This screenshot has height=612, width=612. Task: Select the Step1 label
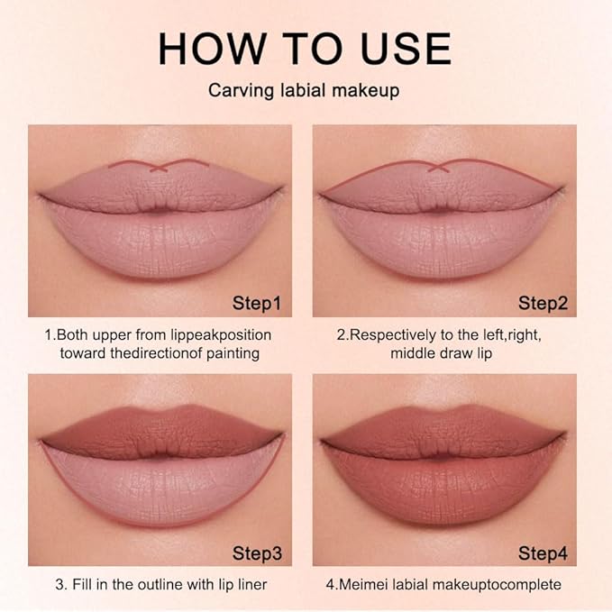(256, 303)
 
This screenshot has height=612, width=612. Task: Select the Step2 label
(542, 303)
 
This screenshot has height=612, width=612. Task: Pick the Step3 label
(256, 552)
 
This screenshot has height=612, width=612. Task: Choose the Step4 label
(542, 552)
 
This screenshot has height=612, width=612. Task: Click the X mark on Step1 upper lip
(159, 166)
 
